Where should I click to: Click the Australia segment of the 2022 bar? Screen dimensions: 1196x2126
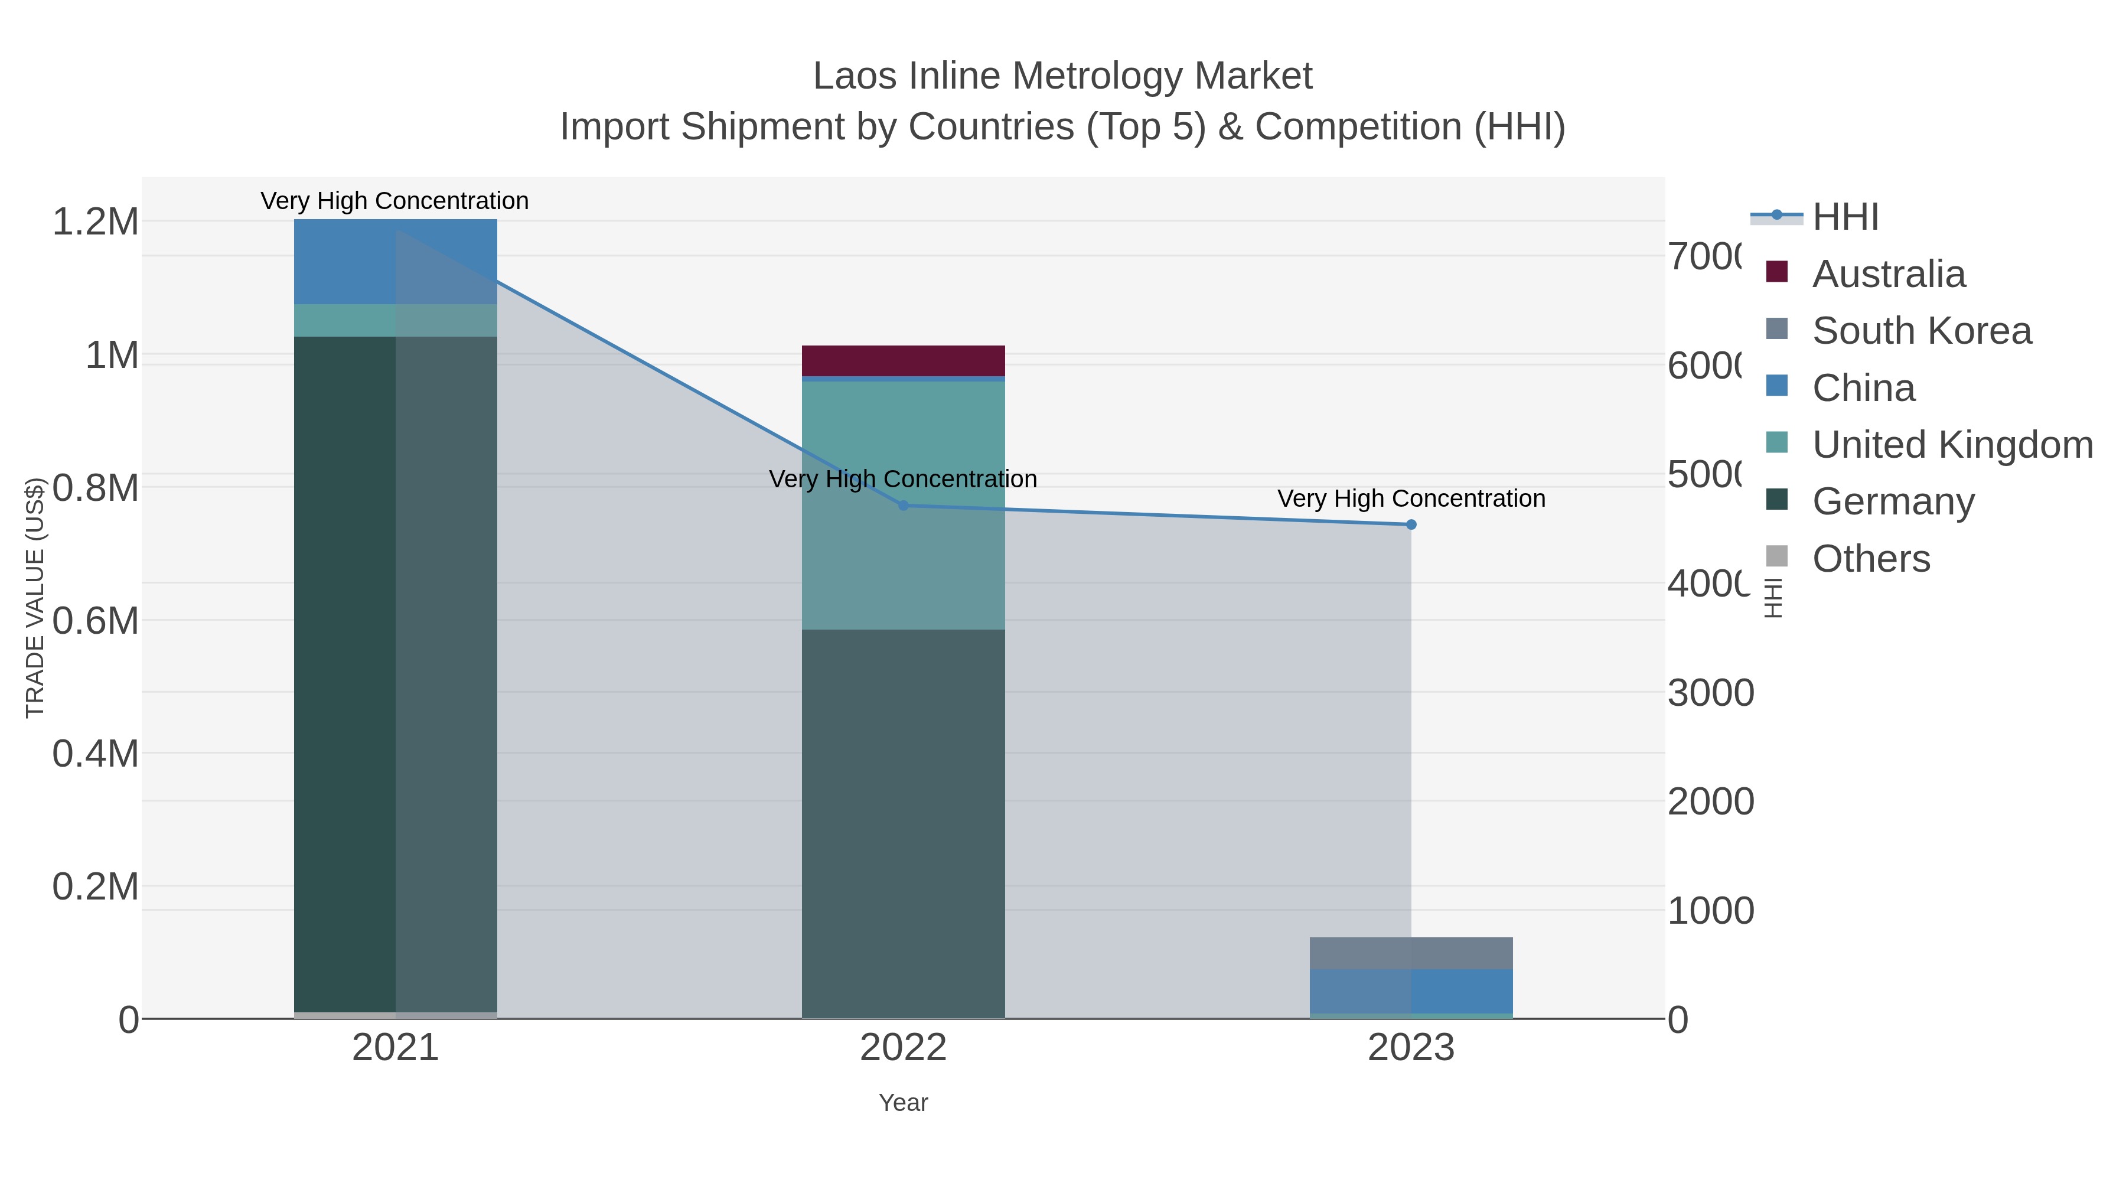click(903, 361)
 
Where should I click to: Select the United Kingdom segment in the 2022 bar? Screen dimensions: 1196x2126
click(903, 503)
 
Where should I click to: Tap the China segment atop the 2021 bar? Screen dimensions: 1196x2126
click(395, 261)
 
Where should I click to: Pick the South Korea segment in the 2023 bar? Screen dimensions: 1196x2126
click(1410, 953)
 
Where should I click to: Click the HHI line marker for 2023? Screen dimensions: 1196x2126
click(1410, 525)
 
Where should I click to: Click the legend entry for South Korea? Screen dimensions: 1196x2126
click(1921, 331)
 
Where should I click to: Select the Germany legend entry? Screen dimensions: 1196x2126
click(1893, 502)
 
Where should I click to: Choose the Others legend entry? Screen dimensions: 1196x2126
click(1871, 559)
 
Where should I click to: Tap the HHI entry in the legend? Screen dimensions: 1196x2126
click(1845, 217)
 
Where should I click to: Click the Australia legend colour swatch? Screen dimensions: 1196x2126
click(1777, 272)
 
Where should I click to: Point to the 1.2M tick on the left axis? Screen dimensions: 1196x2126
click(95, 222)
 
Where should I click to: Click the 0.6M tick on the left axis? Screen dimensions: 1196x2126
click(95, 621)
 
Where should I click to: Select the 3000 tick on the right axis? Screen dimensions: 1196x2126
click(1710, 693)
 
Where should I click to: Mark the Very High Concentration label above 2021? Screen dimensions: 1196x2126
click(394, 201)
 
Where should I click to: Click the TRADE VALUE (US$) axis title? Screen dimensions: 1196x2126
click(35, 598)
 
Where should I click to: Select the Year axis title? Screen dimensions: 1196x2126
click(903, 1103)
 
